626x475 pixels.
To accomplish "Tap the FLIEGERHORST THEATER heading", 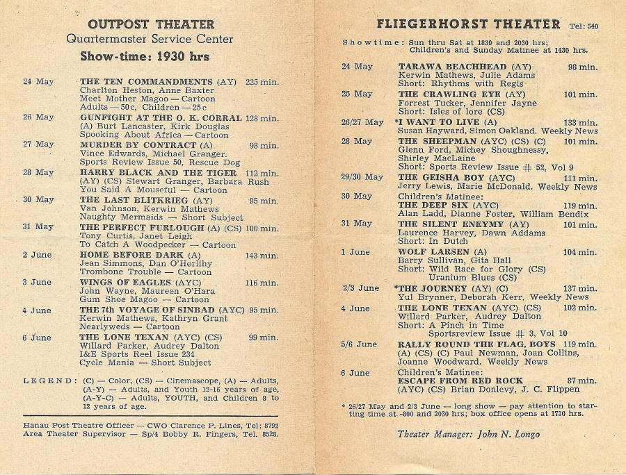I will click(468, 24).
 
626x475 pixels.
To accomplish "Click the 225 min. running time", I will click(262, 82).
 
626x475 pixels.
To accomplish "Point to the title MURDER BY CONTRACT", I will click(138, 145).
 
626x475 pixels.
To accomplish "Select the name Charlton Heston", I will click(113, 91).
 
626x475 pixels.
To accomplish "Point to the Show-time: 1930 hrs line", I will click(145, 57).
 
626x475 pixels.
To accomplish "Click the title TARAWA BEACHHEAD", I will click(454, 67).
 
